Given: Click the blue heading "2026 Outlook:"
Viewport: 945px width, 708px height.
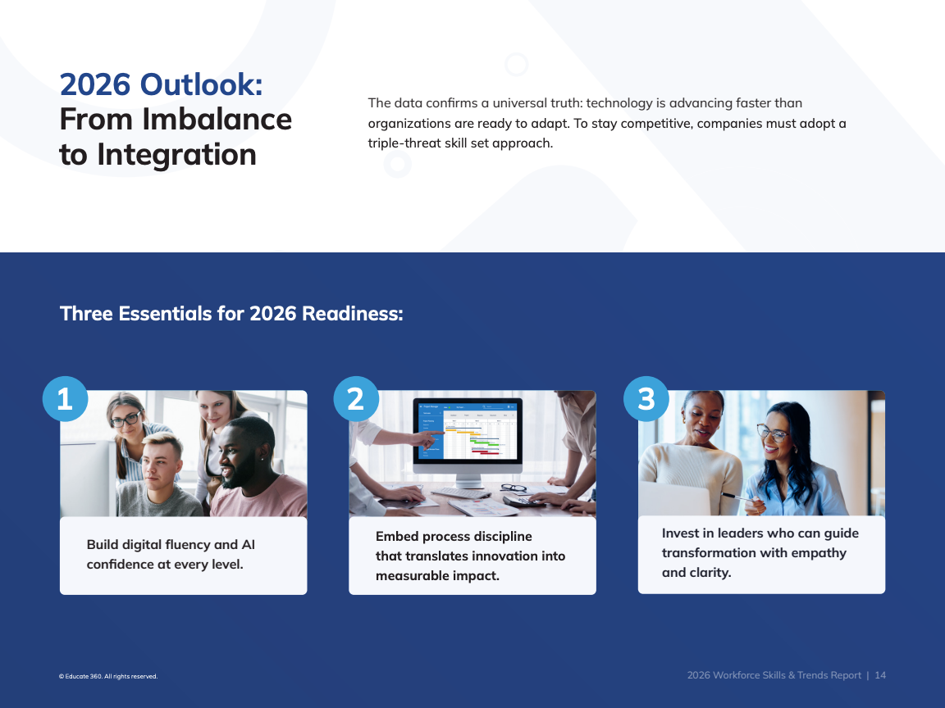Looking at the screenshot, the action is [161, 84].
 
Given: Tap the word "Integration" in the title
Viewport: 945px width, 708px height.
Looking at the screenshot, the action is [176, 155].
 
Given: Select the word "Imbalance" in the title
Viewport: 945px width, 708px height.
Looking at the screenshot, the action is [217, 119].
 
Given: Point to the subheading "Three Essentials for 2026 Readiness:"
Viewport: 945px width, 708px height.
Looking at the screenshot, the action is [231, 314].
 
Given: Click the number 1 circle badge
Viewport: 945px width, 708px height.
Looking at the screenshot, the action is [65, 399].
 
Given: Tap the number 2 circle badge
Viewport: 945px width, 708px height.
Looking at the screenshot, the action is [355, 399].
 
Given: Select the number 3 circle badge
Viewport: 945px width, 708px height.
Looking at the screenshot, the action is [646, 399].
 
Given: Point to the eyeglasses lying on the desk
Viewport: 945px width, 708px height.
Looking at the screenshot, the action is [514, 487].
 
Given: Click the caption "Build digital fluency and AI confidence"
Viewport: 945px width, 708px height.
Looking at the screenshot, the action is [171, 555].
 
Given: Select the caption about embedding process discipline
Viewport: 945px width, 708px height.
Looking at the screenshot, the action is [470, 556].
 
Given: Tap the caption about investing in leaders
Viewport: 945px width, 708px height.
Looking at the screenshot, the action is [760, 552].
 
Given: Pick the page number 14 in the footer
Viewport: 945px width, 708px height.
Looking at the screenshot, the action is [880, 675].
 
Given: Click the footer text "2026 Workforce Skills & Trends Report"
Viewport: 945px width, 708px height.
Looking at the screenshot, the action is [774, 675].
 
